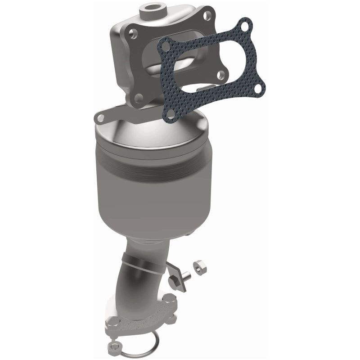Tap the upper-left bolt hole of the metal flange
coord(133,33)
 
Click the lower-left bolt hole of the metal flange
coord(139,97)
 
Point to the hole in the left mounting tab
coord(100,118)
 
